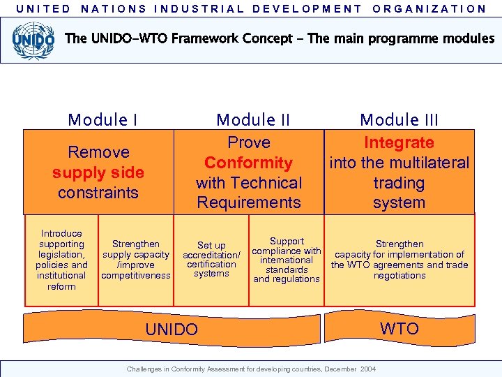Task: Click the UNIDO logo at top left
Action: coord(33,39)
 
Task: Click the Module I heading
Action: coord(102,120)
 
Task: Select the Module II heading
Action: coord(253,120)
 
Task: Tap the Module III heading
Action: coord(399,120)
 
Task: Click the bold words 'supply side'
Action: coord(98,172)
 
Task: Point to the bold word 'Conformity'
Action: coord(248,163)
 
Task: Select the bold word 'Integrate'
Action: coord(399,143)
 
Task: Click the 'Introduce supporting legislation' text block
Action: coord(61,260)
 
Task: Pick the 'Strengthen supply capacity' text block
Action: coord(136,260)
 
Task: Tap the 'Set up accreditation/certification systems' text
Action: coord(211,260)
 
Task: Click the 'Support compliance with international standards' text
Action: coord(287,260)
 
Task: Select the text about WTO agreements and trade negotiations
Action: coord(400,260)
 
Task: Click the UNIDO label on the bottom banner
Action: coord(172,330)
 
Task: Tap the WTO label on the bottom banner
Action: coord(400,328)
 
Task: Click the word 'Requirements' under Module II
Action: coord(249,203)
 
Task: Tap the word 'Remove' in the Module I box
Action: coord(98,152)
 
